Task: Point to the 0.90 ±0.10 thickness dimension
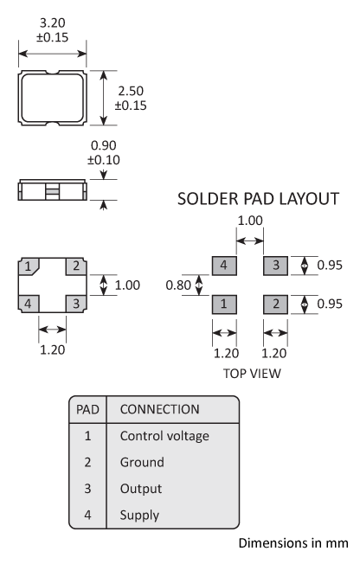(x=104, y=153)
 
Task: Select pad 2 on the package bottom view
(x=76, y=266)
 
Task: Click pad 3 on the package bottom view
(x=76, y=303)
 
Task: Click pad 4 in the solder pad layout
(x=223, y=266)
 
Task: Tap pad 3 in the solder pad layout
(x=276, y=266)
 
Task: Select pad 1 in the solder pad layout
(x=223, y=304)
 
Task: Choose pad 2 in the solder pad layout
(x=276, y=304)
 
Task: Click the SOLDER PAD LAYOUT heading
(x=257, y=199)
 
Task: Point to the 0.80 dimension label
(x=178, y=284)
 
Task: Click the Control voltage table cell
(x=164, y=436)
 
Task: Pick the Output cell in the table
(x=139, y=488)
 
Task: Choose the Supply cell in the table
(x=139, y=515)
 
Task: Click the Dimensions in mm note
(x=292, y=543)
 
